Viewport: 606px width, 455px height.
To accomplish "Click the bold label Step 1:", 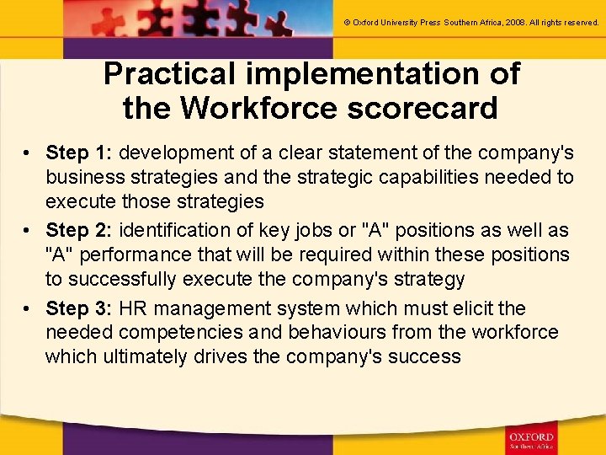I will [82, 153].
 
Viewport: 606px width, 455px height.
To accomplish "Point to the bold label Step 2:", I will [82, 230].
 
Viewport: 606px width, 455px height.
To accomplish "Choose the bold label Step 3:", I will [82, 308].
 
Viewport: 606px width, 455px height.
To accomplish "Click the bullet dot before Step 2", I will [28, 231].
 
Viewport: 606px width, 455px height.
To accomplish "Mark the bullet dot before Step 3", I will [28, 308].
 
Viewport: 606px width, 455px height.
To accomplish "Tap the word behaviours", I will [350, 332].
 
